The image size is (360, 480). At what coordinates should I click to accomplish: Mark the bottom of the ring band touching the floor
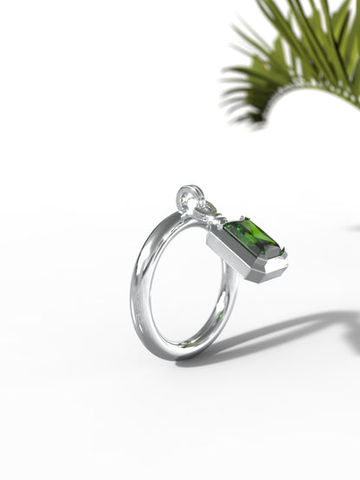182,353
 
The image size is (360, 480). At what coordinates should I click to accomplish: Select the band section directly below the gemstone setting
228,294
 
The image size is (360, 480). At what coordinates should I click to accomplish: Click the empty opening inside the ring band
182,277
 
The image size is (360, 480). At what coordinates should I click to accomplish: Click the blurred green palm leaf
294,52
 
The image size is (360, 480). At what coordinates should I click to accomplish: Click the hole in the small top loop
189,198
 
